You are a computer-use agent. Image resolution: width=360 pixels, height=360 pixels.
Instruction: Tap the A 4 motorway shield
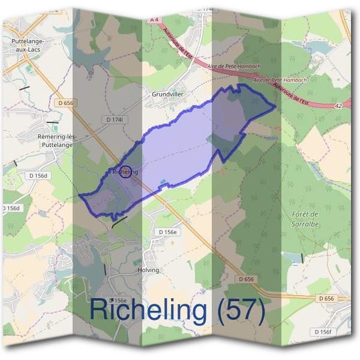click(154, 20)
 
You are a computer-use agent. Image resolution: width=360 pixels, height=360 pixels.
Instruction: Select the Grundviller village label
click(167, 95)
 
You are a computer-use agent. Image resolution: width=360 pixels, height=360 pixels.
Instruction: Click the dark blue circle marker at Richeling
click(126, 172)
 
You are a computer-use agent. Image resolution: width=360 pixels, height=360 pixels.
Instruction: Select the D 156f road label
click(324, 331)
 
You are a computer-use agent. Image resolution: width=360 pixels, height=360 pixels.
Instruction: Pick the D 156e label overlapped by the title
click(119, 301)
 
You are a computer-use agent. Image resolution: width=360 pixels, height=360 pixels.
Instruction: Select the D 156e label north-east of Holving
click(169, 232)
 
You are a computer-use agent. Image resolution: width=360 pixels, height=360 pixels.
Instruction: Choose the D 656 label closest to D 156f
click(326, 298)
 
